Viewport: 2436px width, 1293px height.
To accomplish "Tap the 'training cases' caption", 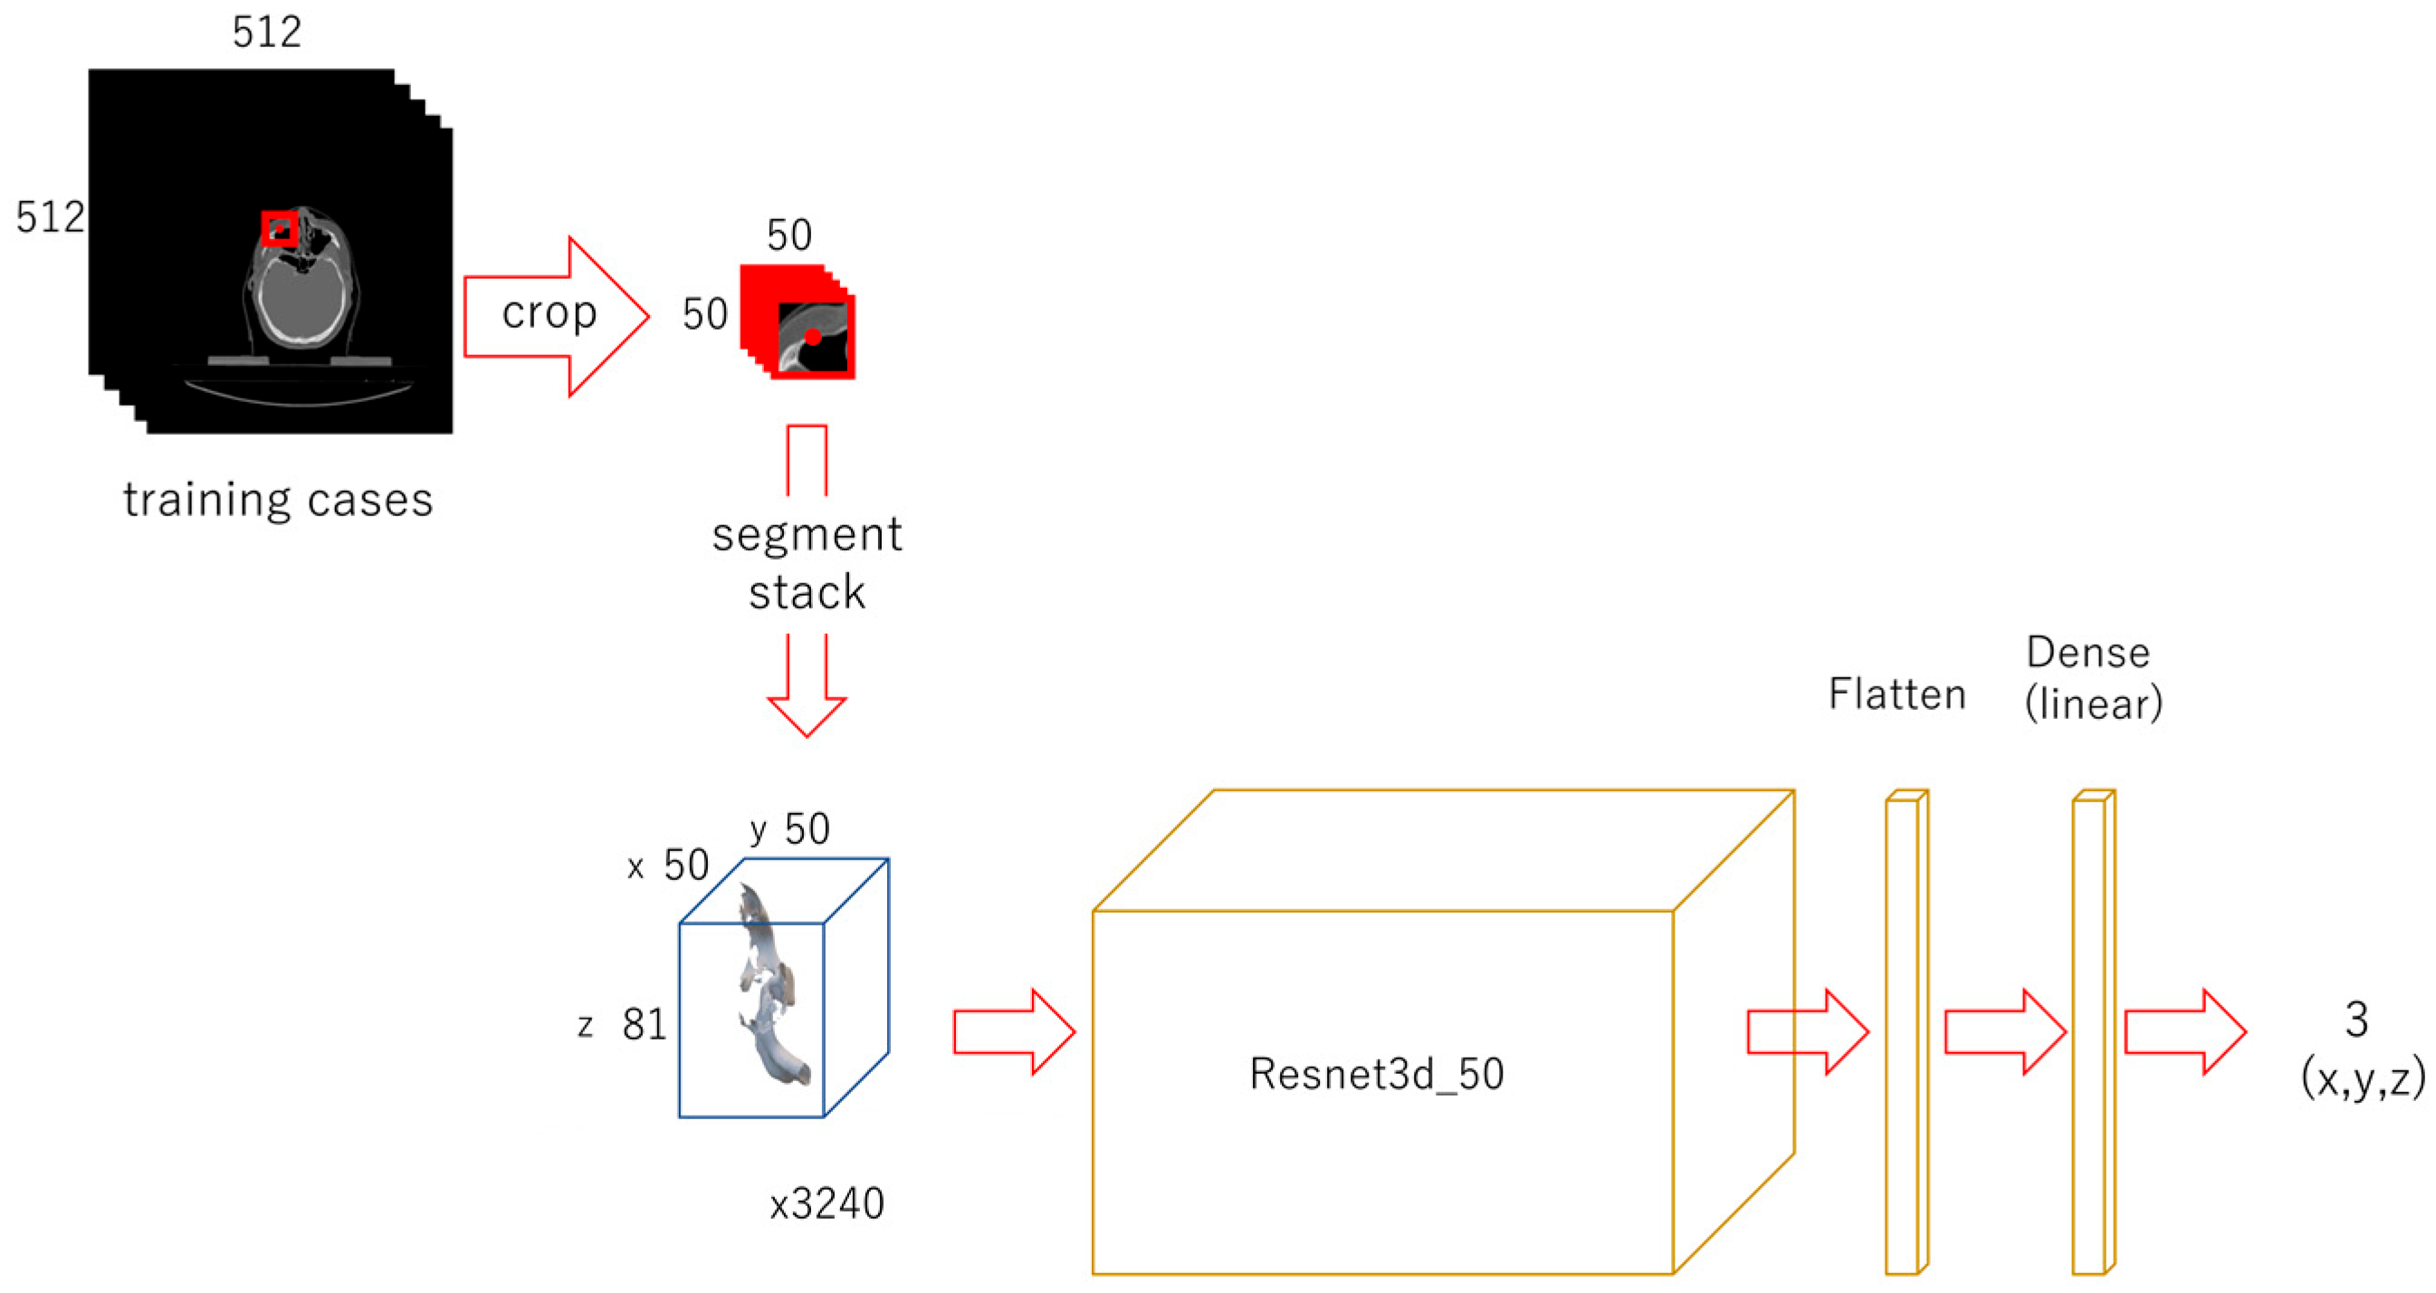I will pos(278,500).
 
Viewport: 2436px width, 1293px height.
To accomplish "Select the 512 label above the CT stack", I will pos(267,33).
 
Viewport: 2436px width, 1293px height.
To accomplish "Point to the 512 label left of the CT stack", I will pos(49,217).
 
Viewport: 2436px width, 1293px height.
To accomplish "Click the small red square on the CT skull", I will pos(279,228).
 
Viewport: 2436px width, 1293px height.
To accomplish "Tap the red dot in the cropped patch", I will pos(813,337).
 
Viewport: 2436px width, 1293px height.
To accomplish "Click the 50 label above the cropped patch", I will pos(788,235).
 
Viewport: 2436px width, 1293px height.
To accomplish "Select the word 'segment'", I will pos(807,534).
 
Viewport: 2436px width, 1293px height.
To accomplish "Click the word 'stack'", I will pos(807,593).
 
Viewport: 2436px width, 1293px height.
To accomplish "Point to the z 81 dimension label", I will pos(624,1024).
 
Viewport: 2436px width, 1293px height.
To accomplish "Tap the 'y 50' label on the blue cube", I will pos(789,829).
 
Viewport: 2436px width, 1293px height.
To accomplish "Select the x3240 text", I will pos(826,1204).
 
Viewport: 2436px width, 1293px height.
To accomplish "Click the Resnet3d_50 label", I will pos(1376,1074).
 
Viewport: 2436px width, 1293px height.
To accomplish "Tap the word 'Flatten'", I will pos(1897,694).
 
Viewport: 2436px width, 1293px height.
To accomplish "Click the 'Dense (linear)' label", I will pos(2093,678).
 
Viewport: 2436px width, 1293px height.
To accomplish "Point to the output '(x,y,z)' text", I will pos(2364,1077).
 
